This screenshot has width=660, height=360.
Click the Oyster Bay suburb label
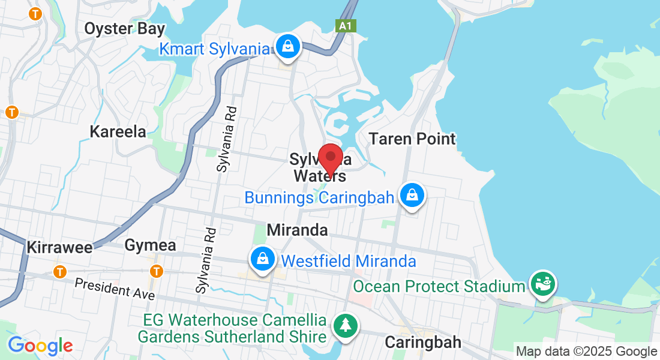124,28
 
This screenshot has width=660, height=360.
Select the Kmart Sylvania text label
214,49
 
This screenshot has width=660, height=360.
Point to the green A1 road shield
343,26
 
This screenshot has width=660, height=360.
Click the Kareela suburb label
118,131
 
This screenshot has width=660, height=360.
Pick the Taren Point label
412,139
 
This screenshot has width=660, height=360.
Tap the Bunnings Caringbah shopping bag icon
412,195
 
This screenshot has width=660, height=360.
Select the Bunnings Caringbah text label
319,197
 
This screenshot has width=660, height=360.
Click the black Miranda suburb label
298,230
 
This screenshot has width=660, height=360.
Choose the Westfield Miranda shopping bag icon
263,259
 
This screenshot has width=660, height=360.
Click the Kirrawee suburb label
59,248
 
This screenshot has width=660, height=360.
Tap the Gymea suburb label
150,245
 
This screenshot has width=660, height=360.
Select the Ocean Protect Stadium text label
439,287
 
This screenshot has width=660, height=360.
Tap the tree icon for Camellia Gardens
346,326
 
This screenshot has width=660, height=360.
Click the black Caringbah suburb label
423,342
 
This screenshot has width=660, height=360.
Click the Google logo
40,346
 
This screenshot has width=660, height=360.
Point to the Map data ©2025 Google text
586,352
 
